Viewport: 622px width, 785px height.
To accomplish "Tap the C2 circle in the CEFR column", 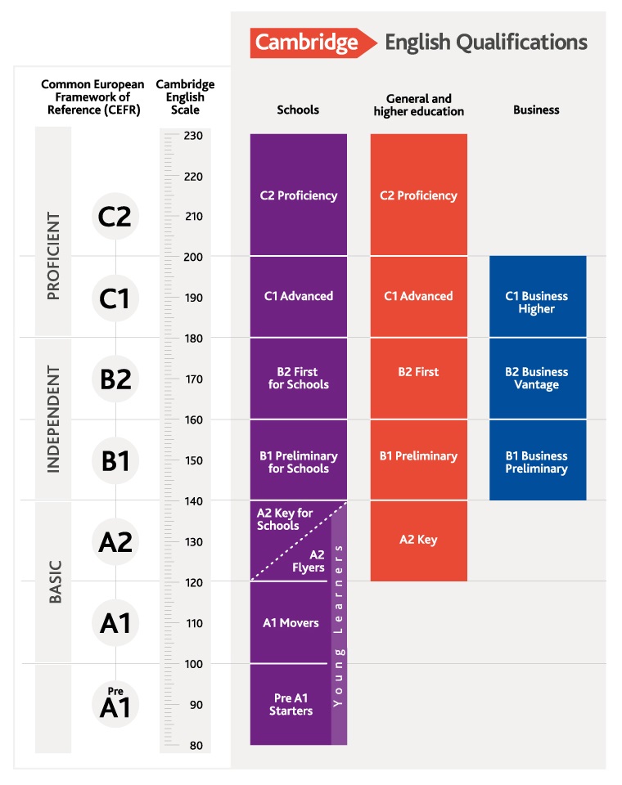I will (x=115, y=216).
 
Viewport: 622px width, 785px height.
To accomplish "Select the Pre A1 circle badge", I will (x=115, y=704).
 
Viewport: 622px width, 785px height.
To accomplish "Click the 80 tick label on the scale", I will (x=196, y=745).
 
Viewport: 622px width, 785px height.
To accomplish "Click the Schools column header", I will (x=298, y=110).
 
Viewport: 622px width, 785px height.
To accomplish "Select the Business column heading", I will (x=536, y=110).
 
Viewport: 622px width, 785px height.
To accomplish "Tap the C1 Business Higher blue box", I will (x=537, y=296).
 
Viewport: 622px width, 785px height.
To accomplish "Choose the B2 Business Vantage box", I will (x=537, y=378).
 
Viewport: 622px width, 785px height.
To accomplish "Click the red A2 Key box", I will (x=418, y=540).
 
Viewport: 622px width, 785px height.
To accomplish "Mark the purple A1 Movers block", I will (x=291, y=622).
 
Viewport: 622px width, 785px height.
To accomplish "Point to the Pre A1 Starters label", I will (x=292, y=704).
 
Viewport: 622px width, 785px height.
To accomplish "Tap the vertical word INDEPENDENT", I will (x=54, y=419).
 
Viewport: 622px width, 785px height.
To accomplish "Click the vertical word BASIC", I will (x=55, y=581).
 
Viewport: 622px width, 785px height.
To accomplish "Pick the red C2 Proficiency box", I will (x=418, y=195).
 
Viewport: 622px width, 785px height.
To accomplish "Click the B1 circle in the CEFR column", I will (x=115, y=460).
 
